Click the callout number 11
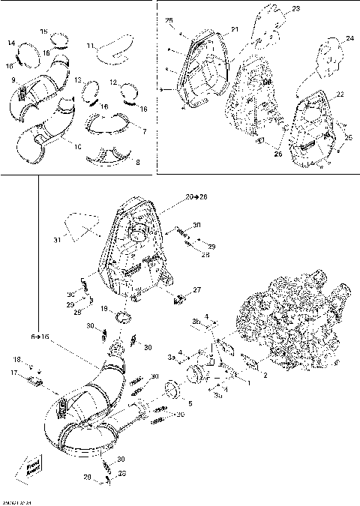coord(90,46)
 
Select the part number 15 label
coord(43,31)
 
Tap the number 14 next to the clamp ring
coord(12,43)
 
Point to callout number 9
coord(13,78)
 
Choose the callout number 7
coord(145,132)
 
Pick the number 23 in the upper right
coord(295,9)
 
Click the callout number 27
coord(197,289)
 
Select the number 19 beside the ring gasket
coord(104,309)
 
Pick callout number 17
coord(13,372)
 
